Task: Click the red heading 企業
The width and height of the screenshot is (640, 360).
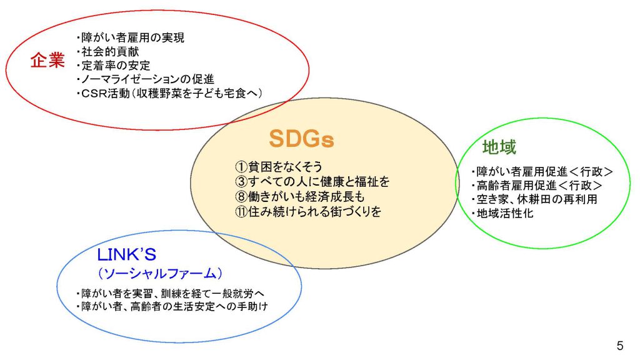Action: click(x=47, y=61)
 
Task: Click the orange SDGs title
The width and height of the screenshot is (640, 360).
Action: click(x=301, y=139)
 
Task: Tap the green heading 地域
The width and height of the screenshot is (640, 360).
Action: click(x=499, y=147)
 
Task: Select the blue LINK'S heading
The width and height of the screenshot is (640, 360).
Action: click(x=126, y=255)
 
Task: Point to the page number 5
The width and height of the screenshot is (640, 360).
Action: click(x=619, y=346)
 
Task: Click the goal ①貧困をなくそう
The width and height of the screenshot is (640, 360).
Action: click(x=279, y=166)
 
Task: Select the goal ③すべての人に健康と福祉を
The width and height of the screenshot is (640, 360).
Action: click(x=312, y=181)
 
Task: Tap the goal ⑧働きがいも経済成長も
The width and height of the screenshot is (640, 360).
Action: click(x=299, y=196)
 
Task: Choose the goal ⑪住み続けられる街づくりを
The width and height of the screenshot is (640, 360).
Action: click(x=308, y=211)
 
